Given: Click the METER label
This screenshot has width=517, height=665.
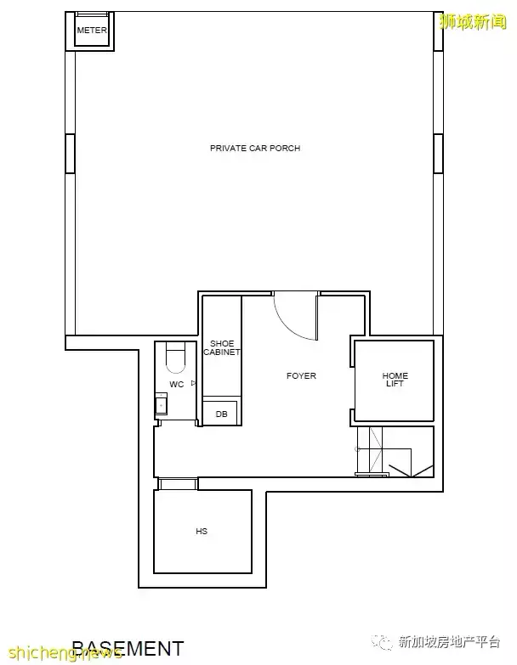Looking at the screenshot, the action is click(92, 31).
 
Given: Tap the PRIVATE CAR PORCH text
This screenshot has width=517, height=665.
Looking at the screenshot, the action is click(255, 148).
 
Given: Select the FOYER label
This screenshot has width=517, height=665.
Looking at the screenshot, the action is click(301, 375).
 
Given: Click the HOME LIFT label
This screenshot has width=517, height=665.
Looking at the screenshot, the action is click(395, 379).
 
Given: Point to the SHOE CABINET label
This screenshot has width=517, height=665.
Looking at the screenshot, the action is click(222, 347).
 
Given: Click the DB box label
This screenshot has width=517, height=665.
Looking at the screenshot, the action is click(222, 414).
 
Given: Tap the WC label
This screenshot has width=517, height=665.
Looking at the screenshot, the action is click(177, 384).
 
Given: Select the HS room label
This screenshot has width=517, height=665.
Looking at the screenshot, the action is click(202, 531).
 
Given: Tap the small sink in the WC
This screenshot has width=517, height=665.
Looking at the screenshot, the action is click(161, 403).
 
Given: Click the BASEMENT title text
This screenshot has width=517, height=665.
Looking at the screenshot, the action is click(128, 649).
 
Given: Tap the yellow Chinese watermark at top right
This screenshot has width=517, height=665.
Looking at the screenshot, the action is click(473, 21).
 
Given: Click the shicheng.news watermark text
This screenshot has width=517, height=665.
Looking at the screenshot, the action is click(65, 652).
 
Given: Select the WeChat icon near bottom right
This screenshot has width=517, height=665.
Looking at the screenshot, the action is click(382, 642).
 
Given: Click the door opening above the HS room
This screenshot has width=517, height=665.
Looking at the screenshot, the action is click(178, 483).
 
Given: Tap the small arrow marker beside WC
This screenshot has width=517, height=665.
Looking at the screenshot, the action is click(194, 383).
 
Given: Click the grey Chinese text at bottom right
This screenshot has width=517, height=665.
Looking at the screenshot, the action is click(450, 642).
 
